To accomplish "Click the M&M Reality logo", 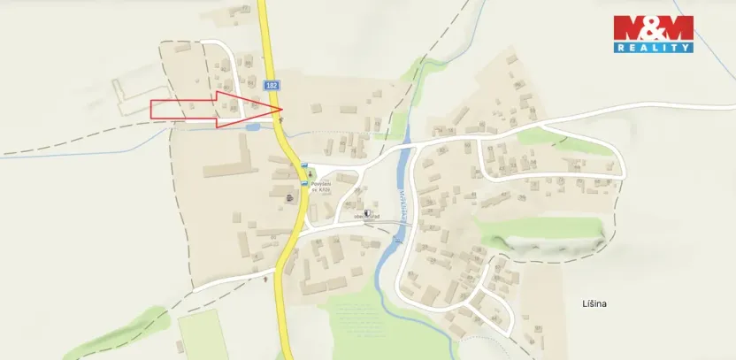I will (653, 34).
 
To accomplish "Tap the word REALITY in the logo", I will (653, 48).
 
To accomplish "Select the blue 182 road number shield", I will (271, 85).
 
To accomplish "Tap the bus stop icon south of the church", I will (303, 184).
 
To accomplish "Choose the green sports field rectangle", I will (203, 335).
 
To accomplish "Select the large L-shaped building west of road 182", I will (232, 163).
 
